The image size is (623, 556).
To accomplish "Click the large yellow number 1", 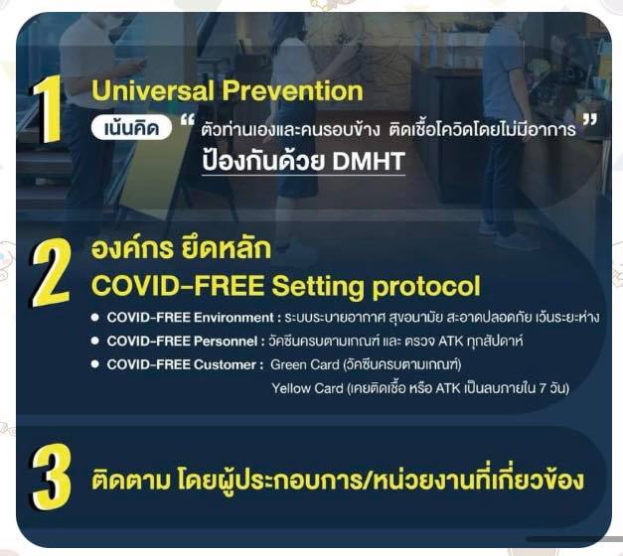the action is point(48,108).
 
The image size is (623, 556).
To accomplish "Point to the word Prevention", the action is point(292,90).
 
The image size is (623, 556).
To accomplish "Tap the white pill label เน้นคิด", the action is point(131,128).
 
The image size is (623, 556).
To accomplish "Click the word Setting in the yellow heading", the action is point(317,287).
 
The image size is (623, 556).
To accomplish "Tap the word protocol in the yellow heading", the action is point(426,288).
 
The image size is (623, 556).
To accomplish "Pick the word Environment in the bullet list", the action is point(234,318).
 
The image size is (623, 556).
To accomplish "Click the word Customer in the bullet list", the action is point(225,364).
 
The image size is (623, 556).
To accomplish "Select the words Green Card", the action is point(305,364).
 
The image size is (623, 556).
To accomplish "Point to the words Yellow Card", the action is point(308,388).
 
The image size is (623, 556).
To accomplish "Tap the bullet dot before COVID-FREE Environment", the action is point(94,318).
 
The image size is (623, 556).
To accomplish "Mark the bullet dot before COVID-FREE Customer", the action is point(94,364).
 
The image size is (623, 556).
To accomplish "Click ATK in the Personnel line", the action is point(449,342).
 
